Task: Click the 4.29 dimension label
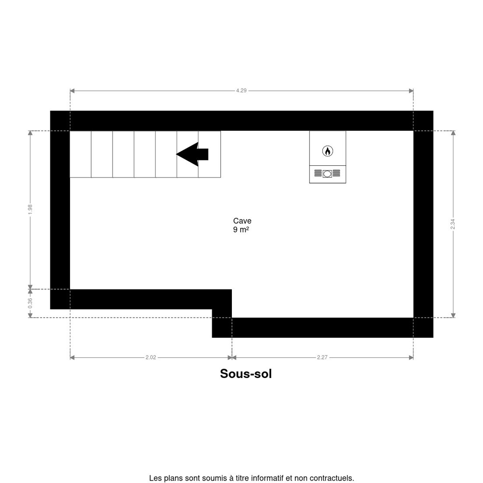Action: click(x=241, y=91)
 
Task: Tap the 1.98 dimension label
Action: click(x=30, y=210)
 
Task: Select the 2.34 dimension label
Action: click(x=453, y=224)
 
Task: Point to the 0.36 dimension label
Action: click(x=30, y=303)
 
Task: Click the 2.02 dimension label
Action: click(x=151, y=357)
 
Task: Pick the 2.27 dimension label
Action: click(x=322, y=357)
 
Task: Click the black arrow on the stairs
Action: click(x=192, y=154)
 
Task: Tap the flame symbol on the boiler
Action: click(x=328, y=151)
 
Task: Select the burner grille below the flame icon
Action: click(x=327, y=174)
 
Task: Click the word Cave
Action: click(x=242, y=221)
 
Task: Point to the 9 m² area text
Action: click(x=241, y=230)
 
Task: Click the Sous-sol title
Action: click(x=246, y=374)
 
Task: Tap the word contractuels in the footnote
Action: click(x=334, y=478)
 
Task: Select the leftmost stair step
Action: click(x=80, y=154)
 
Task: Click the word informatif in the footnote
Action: click(x=267, y=478)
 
